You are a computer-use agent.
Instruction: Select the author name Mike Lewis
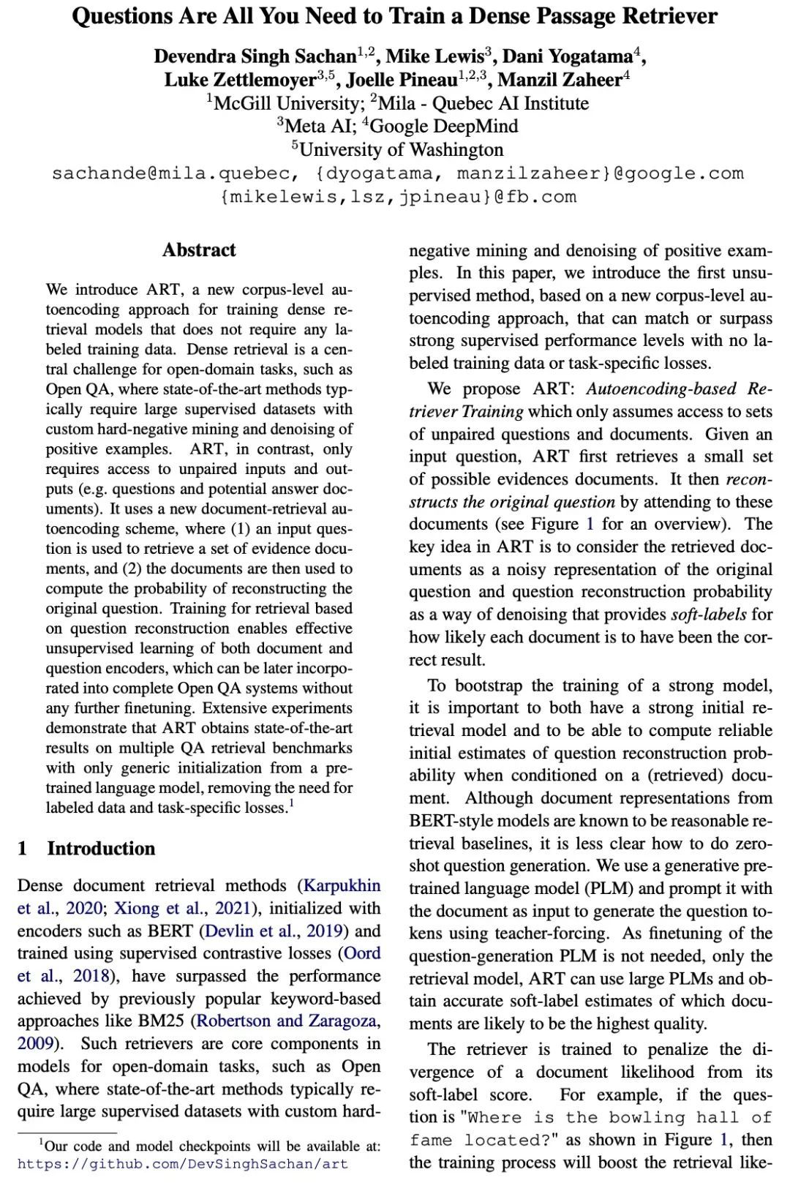(434, 56)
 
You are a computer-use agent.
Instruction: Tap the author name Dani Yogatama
(567, 56)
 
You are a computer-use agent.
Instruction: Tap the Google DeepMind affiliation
(444, 126)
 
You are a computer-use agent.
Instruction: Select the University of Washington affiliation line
(401, 149)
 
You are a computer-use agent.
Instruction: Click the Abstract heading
(199, 250)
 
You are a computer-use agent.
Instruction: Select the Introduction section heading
(101, 849)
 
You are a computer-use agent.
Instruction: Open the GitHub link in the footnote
(183, 1163)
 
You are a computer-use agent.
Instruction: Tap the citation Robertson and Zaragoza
(289, 1021)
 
